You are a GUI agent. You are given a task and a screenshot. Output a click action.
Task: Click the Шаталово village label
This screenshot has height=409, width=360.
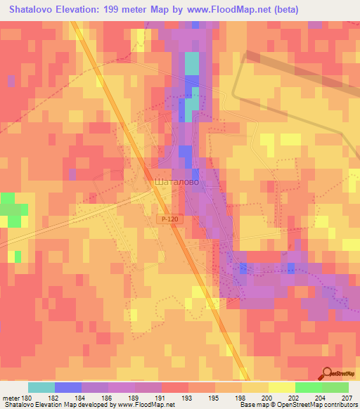pyautogui.click(x=176, y=181)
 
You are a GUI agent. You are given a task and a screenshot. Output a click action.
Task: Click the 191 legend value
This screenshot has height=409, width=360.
pyautogui.click(x=161, y=397)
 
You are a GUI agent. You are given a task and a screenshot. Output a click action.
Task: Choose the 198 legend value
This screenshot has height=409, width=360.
pyautogui.click(x=242, y=397)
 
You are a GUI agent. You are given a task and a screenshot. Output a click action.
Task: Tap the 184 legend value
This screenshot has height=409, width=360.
pyautogui.click(x=82, y=397)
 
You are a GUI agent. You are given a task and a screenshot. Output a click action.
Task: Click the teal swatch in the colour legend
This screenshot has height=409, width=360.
pyautogui.click(x=41, y=387)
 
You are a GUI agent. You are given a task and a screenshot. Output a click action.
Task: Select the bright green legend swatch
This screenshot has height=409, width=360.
pyautogui.click(x=308, y=387)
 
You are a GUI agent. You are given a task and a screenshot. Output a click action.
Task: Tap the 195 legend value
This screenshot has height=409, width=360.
pyautogui.click(x=215, y=397)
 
